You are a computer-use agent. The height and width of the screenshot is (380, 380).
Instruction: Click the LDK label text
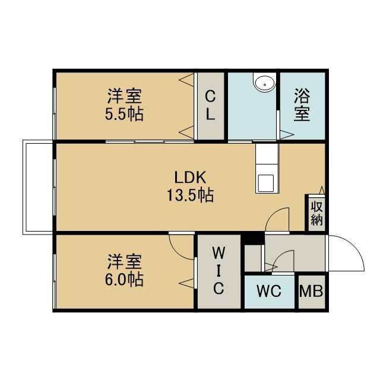pos(190,177)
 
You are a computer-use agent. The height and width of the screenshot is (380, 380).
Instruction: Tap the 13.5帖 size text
pos(190,195)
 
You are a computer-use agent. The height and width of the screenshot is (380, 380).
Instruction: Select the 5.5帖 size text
pos(124,113)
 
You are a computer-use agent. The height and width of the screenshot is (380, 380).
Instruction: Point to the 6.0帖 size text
pos(124,280)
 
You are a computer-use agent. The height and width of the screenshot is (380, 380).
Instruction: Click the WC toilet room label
pos(269,291)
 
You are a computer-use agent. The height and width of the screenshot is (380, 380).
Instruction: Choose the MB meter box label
pos(311,291)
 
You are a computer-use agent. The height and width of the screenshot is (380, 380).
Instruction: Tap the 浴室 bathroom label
pos(302,104)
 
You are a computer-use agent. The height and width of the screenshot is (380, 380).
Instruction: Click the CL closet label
pos(210,105)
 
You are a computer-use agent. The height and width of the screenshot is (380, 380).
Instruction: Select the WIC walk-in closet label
pos(218,271)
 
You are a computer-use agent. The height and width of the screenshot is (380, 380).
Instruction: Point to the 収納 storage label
pos(316,213)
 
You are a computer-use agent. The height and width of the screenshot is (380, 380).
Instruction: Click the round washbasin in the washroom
pos(265,83)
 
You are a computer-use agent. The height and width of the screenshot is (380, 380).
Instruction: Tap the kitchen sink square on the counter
pos(266,183)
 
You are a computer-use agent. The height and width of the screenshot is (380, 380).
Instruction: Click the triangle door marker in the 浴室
pos(287,135)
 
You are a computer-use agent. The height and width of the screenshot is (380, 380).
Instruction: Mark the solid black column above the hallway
pos(254,239)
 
